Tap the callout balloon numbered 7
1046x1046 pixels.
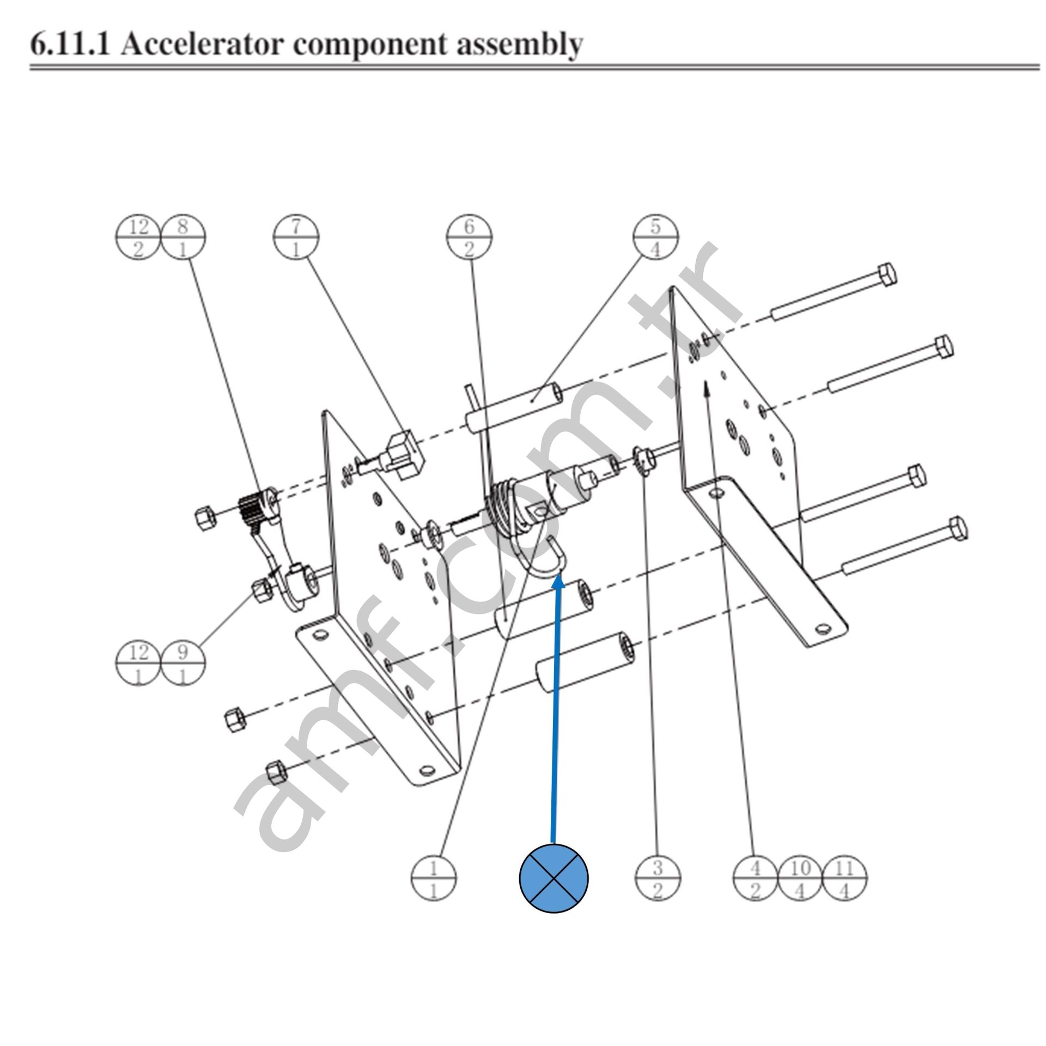(296, 237)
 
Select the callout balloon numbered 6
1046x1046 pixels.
(469, 237)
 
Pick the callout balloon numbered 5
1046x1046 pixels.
(655, 237)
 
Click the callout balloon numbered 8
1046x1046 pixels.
(183, 237)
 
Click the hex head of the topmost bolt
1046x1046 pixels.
(888, 274)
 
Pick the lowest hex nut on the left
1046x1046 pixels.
(276, 773)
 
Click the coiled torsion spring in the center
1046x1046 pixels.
(504, 504)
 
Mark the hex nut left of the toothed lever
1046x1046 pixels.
(205, 516)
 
